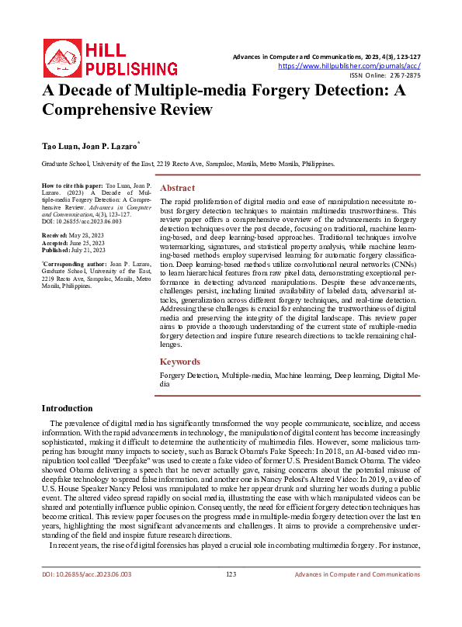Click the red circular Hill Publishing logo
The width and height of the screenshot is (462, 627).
point(60,57)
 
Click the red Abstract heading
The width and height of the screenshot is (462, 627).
point(177,189)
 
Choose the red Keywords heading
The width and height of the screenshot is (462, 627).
point(181,362)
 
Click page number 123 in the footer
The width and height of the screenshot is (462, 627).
point(231,596)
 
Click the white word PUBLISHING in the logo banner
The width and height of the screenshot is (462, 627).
point(136,68)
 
